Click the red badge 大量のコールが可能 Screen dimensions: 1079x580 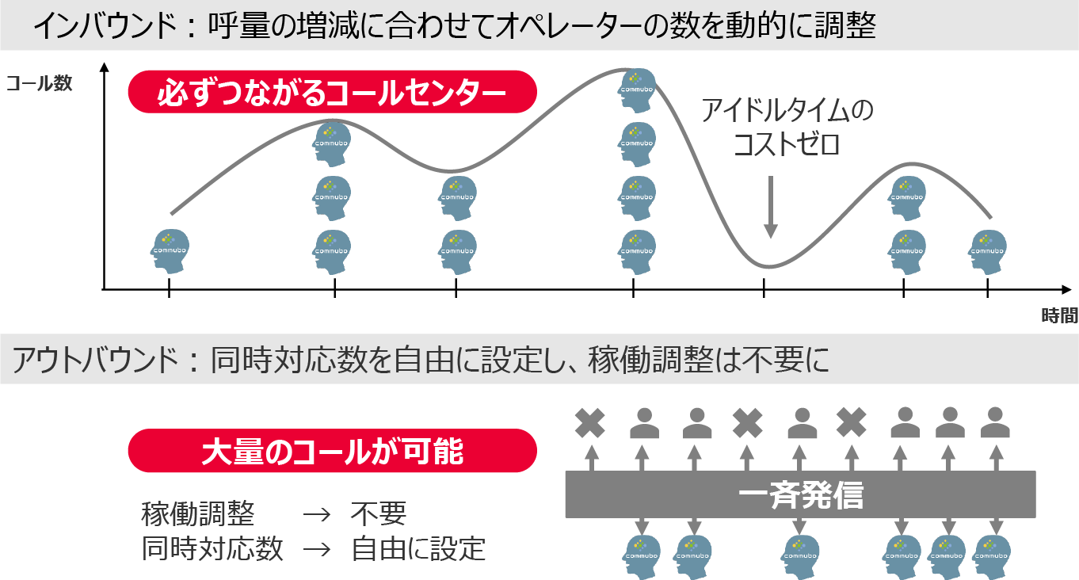tap(332, 452)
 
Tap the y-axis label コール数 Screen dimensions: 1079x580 tap(39, 83)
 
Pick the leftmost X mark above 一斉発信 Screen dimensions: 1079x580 tap(590, 423)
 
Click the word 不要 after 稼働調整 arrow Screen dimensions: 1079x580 tap(378, 514)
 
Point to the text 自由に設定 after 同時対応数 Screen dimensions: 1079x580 tap(417, 548)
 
